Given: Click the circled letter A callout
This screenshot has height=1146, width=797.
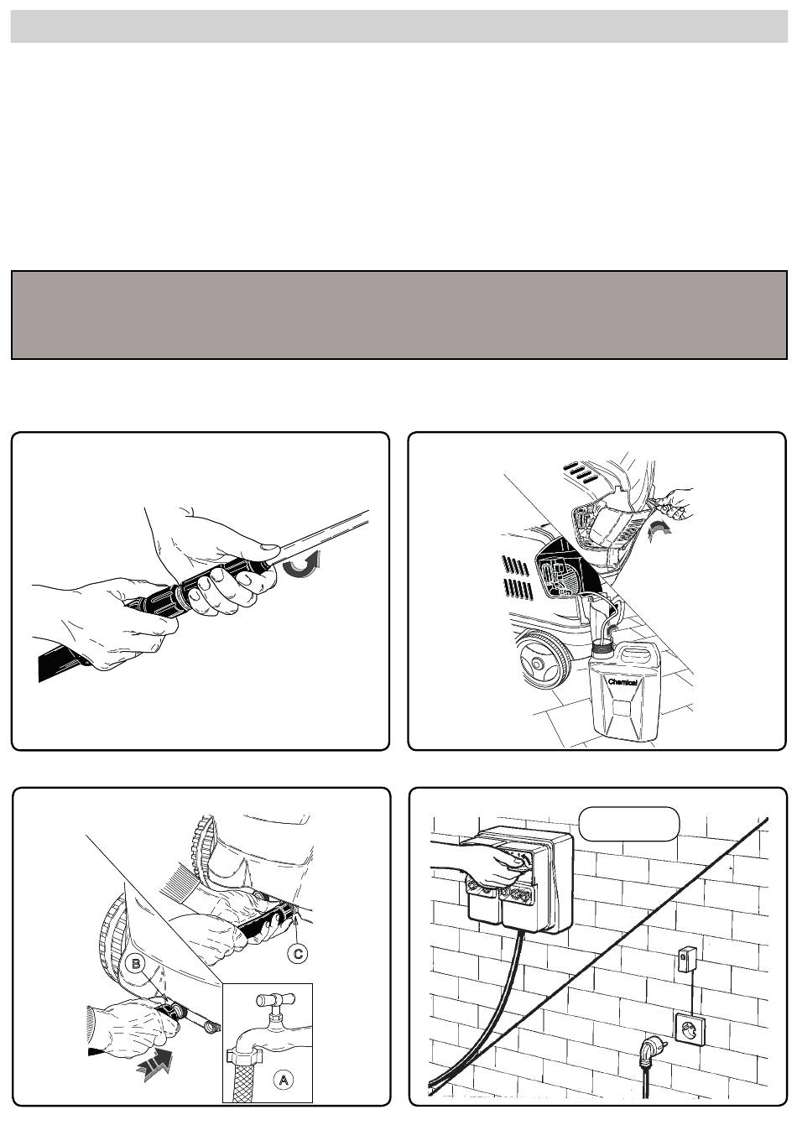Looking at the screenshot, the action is (x=282, y=1080).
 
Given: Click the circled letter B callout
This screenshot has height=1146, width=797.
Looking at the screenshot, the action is (x=136, y=965).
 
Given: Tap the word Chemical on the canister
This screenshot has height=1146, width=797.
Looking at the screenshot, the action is (x=622, y=682).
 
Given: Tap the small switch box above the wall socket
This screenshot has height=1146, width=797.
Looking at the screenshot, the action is (x=686, y=959).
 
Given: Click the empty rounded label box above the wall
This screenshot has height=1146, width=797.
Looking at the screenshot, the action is (x=628, y=824).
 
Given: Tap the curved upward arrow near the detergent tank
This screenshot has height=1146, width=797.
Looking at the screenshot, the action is (x=659, y=534).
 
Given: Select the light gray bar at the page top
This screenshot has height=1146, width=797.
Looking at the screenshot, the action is (x=398, y=26).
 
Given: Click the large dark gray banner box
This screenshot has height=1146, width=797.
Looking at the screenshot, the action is (x=398, y=315).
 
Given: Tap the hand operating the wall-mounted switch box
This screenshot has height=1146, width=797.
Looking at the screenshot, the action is (x=476, y=865).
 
